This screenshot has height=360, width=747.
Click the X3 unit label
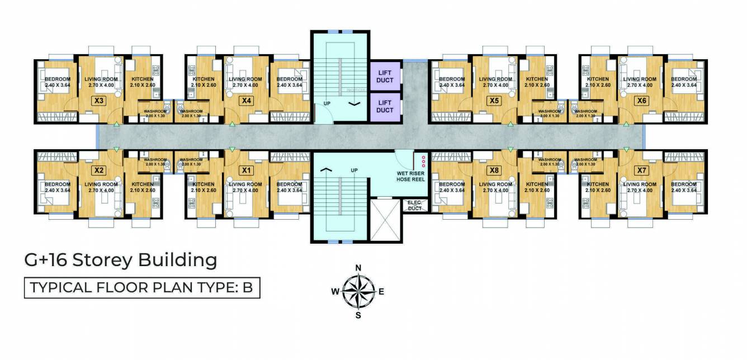(98, 101)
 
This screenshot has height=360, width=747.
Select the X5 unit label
(493, 101)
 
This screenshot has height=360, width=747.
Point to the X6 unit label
(641, 101)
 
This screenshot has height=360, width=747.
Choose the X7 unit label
(641, 169)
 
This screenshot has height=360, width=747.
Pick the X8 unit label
(493, 170)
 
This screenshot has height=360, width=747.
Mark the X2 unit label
(98, 170)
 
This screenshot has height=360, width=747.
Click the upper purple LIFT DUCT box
(385, 77)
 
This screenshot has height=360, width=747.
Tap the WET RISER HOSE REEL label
(410, 177)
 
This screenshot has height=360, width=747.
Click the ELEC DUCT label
(415, 205)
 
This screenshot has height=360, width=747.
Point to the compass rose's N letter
(358, 267)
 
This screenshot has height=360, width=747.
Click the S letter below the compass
(358, 315)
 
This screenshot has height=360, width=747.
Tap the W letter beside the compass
(335, 291)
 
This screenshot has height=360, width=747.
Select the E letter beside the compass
(381, 291)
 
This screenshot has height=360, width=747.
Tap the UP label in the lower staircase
(354, 170)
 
